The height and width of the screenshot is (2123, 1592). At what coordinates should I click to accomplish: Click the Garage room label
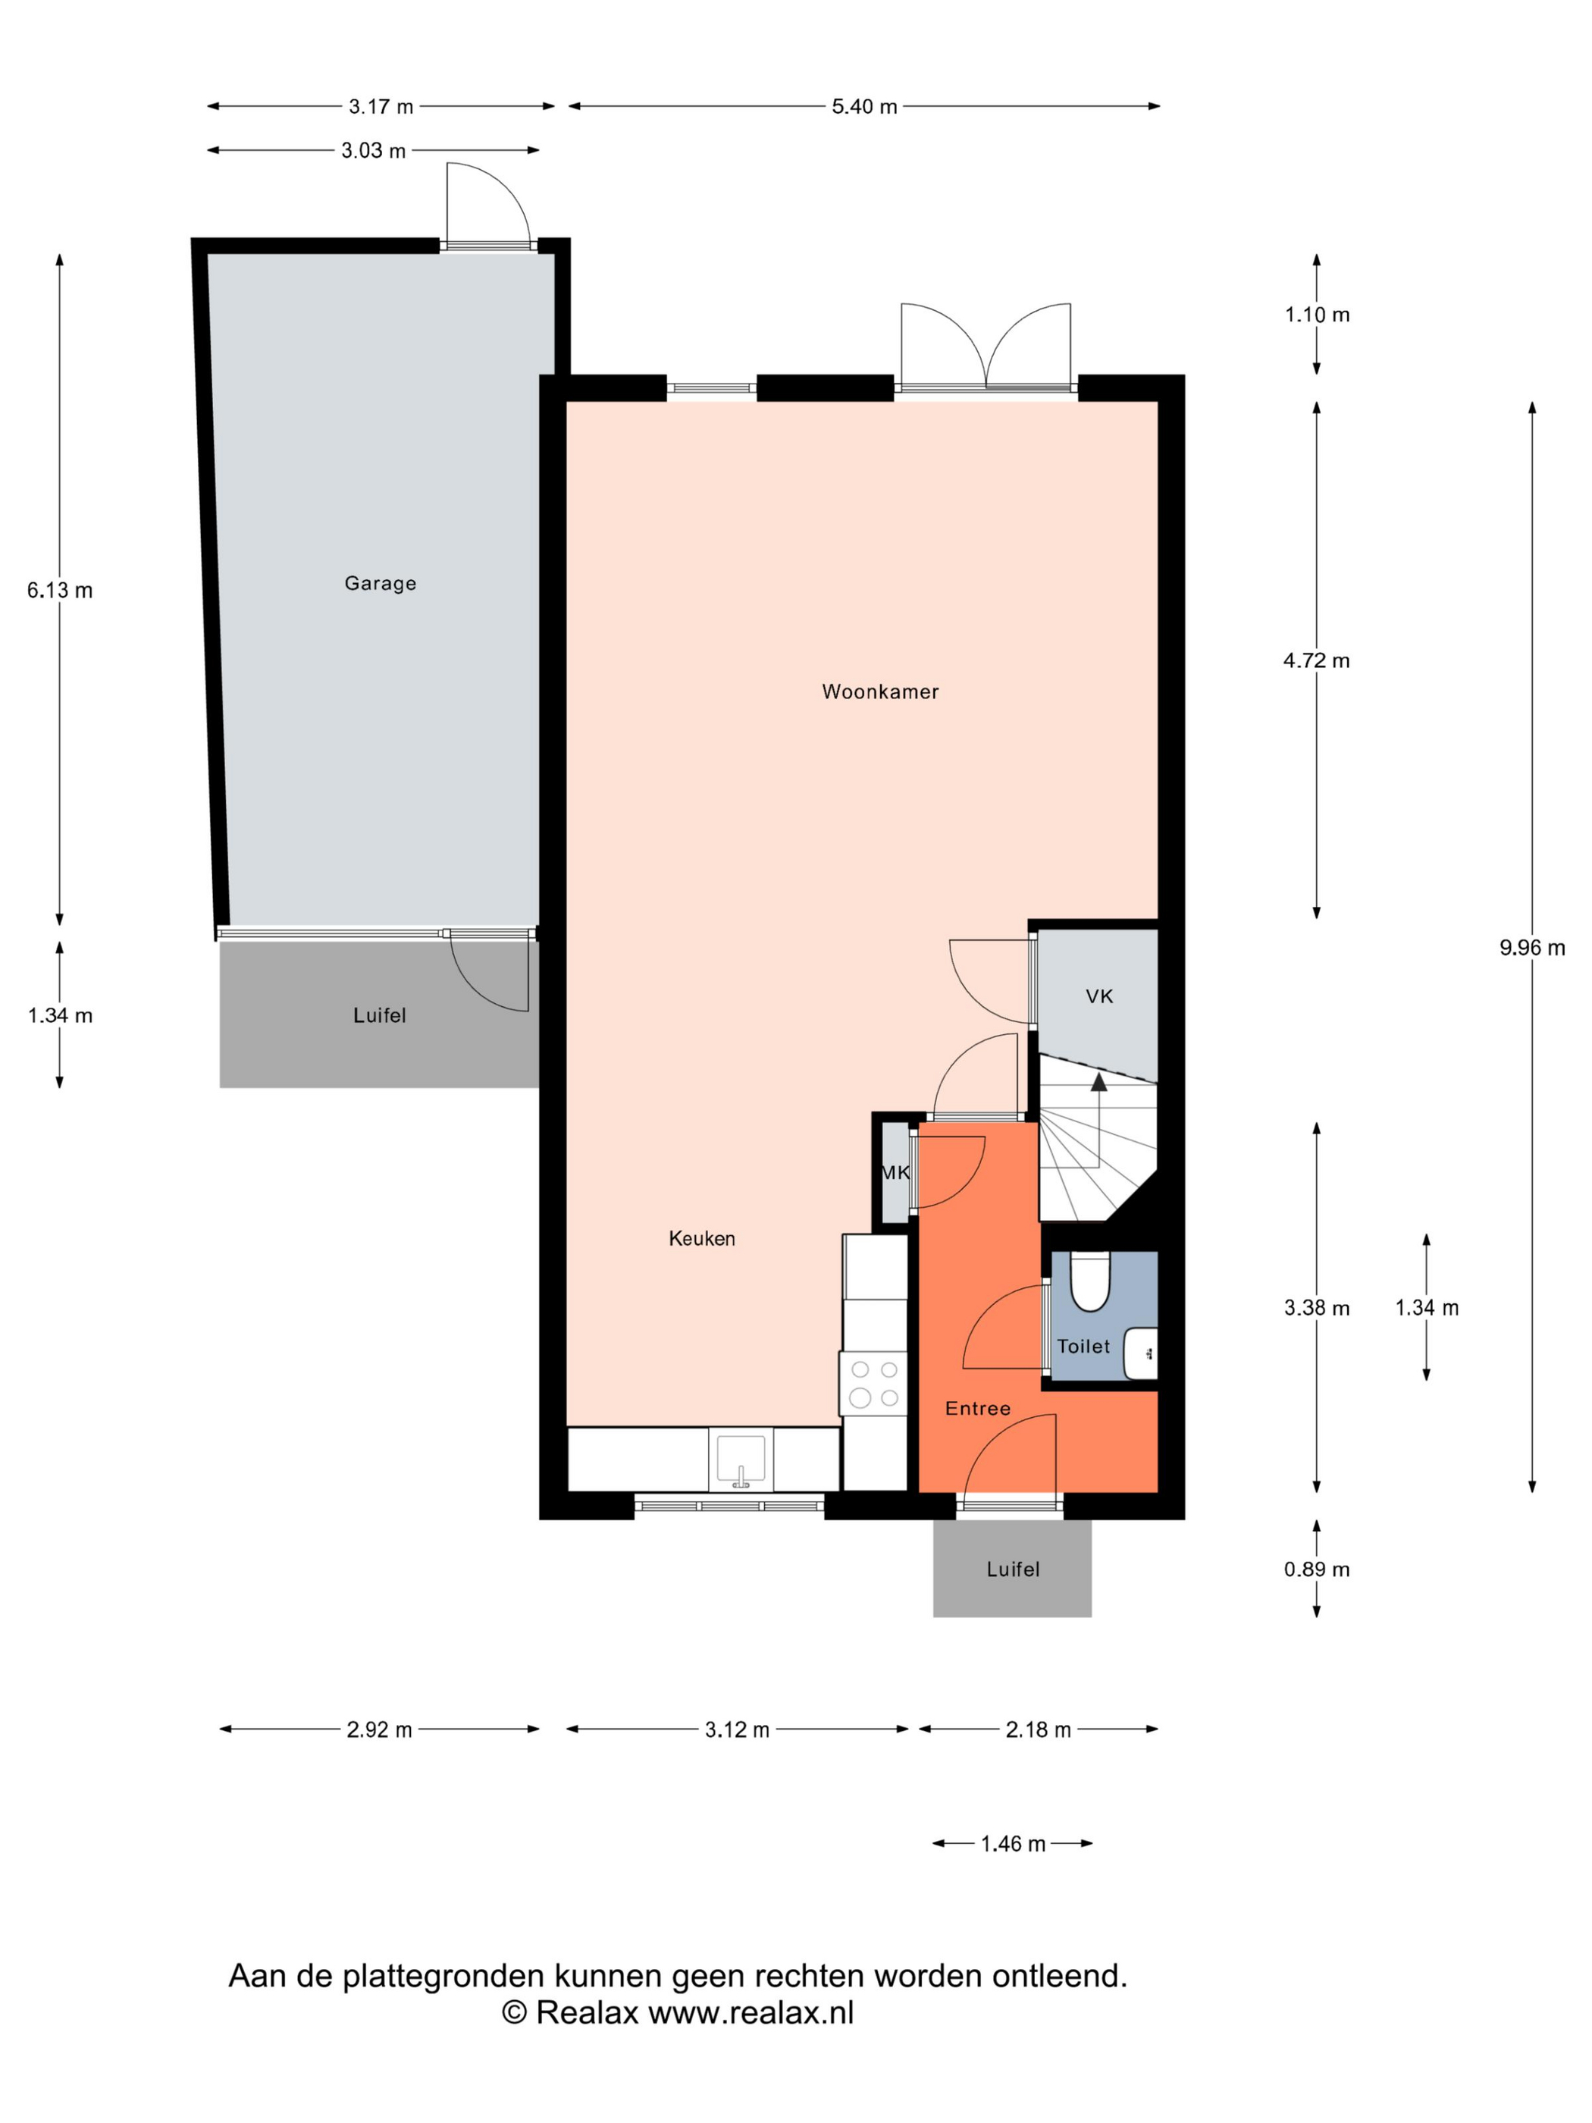(x=380, y=584)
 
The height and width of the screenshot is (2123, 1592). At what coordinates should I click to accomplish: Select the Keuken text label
(x=701, y=1239)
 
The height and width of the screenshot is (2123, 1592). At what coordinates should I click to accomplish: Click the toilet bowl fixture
(x=1089, y=1281)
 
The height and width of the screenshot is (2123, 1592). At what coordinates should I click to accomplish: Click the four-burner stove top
(x=873, y=1384)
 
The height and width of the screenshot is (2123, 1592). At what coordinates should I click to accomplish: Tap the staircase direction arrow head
(x=1098, y=1082)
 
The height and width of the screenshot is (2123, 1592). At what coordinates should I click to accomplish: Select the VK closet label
(x=1100, y=996)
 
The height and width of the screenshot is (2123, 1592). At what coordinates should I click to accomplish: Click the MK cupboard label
(x=895, y=1172)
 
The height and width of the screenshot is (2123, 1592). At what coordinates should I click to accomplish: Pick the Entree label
(x=978, y=1409)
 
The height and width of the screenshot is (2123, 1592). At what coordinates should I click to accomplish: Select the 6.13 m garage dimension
(x=59, y=590)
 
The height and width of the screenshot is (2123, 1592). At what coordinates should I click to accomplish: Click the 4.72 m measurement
(x=1317, y=660)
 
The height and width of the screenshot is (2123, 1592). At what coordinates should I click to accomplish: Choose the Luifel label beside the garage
(x=379, y=1015)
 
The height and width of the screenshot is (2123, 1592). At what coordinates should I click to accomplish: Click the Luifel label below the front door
(x=1012, y=1570)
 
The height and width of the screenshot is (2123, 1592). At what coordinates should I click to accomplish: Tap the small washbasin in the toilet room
(x=1141, y=1353)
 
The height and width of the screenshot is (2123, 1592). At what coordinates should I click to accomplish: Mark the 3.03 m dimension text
(x=373, y=151)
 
